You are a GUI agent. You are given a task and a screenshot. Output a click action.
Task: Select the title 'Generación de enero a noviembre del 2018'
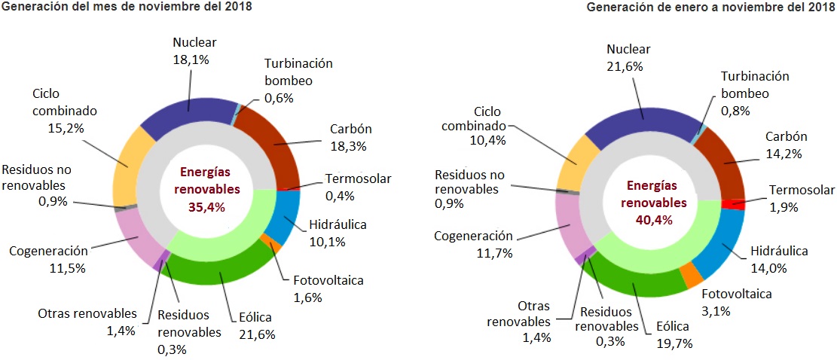coord(710,7)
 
